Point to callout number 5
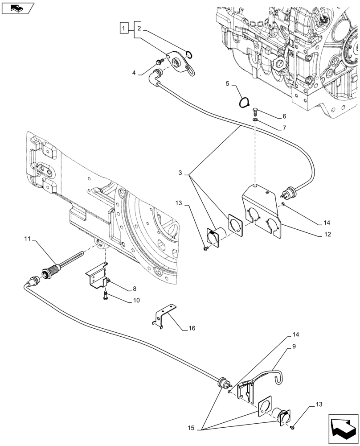click(227, 84)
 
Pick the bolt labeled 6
click(255, 111)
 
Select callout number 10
click(135, 301)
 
